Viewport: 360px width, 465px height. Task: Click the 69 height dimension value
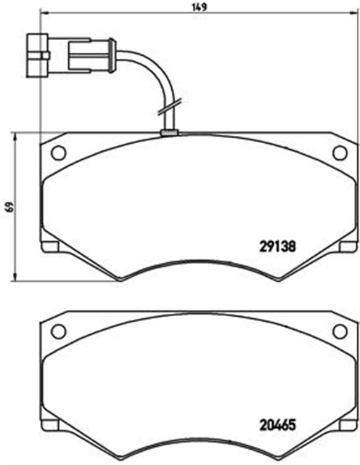click(10, 206)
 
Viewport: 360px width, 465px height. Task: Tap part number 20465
click(277, 425)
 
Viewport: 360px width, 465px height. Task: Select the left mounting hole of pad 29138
click(58, 153)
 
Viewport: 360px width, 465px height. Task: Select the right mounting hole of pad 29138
click(340, 153)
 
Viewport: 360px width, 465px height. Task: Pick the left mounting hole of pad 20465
click(58, 331)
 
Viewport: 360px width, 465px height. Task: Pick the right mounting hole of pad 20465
click(340, 331)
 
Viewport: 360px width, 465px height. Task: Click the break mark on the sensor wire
click(170, 107)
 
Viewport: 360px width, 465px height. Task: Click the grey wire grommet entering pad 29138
click(169, 133)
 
